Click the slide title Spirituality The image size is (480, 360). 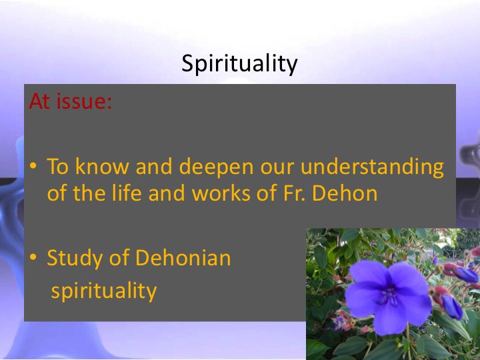coord(239,64)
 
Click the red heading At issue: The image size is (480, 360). coord(71,101)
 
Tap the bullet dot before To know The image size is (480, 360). coord(33,166)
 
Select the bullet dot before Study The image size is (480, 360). coord(33,257)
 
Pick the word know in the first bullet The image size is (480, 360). coord(102,166)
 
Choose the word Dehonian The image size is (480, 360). coord(183,258)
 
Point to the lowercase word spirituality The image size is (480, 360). coord(104,291)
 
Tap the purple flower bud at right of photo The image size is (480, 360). coord(452,307)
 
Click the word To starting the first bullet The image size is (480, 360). coord(57,166)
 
